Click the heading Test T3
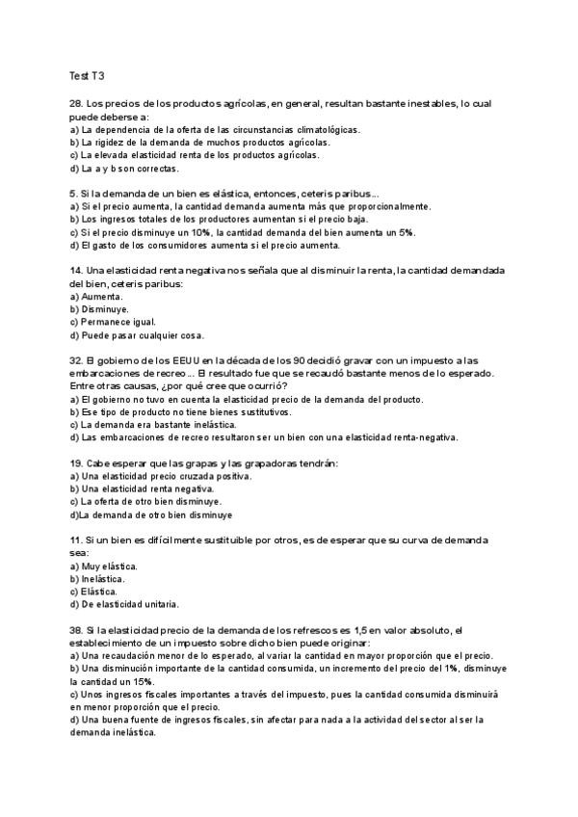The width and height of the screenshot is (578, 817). point(86,74)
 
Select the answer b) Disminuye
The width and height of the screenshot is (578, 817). point(100,309)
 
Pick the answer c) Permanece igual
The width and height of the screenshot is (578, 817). point(112,322)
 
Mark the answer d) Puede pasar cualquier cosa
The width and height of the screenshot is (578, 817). point(136,335)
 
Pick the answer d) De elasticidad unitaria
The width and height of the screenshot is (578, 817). point(124,604)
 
